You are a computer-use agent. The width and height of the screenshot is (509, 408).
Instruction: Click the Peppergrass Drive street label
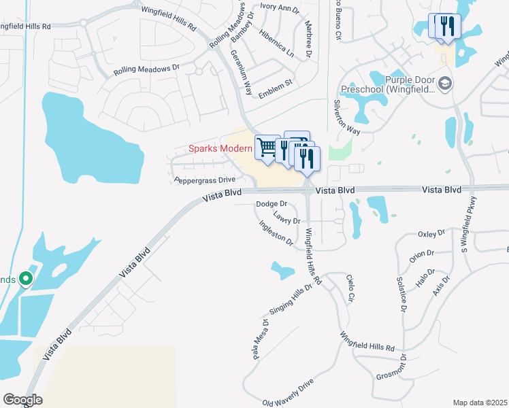click(205, 180)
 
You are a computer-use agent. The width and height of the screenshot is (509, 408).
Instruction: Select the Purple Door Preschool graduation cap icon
click(445, 84)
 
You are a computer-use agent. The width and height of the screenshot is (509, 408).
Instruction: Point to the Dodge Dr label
click(272, 204)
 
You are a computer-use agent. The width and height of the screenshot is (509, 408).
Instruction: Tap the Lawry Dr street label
click(286, 218)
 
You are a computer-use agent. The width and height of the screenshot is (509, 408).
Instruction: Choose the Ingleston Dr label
click(276, 233)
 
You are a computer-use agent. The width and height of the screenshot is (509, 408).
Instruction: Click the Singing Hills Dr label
click(291, 299)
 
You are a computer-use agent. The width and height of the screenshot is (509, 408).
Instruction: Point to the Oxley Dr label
click(431, 234)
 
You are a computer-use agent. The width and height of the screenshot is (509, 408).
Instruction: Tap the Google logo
click(22, 400)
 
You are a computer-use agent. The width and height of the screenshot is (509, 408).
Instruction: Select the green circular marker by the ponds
click(26, 279)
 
